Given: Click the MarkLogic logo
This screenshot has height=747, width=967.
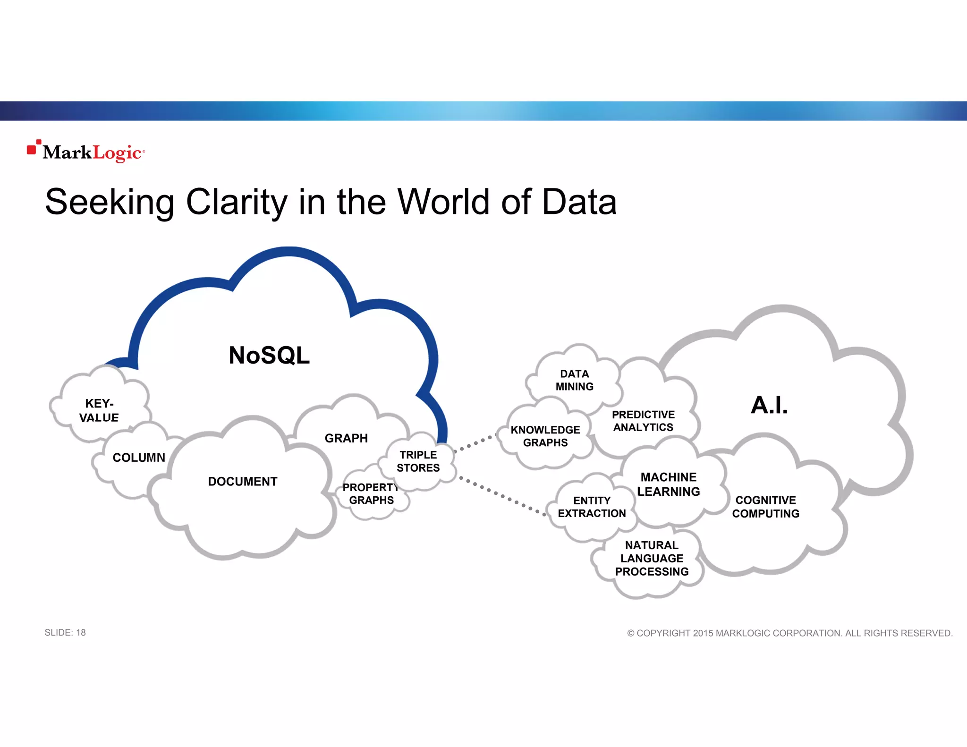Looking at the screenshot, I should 86,152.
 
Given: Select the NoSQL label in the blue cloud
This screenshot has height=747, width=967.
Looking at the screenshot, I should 269,355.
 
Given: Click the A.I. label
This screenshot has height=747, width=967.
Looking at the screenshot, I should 769,405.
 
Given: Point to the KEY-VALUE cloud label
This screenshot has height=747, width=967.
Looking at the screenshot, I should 99,410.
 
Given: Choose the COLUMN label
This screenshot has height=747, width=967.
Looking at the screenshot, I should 139,457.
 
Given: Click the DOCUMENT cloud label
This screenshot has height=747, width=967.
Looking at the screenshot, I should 243,481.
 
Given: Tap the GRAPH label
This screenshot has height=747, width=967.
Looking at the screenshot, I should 346,438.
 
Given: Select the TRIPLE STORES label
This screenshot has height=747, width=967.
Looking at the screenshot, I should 418,461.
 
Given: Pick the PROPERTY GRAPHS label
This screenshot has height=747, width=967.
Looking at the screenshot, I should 371,493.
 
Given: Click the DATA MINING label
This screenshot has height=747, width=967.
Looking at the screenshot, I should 574,380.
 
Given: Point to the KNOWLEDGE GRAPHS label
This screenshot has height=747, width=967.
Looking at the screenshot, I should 545,436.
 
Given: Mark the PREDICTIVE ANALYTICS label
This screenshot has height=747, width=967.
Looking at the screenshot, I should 643,421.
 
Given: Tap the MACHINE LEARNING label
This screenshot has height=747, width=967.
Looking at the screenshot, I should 668,484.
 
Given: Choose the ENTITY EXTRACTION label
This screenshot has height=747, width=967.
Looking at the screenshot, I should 592,507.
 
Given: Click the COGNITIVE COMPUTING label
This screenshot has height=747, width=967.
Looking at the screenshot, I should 765,507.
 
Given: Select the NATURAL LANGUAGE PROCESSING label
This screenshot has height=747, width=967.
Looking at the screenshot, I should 652,558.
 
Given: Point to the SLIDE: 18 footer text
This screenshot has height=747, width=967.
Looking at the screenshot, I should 65,632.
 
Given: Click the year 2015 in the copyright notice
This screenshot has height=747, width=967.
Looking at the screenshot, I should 703,633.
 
